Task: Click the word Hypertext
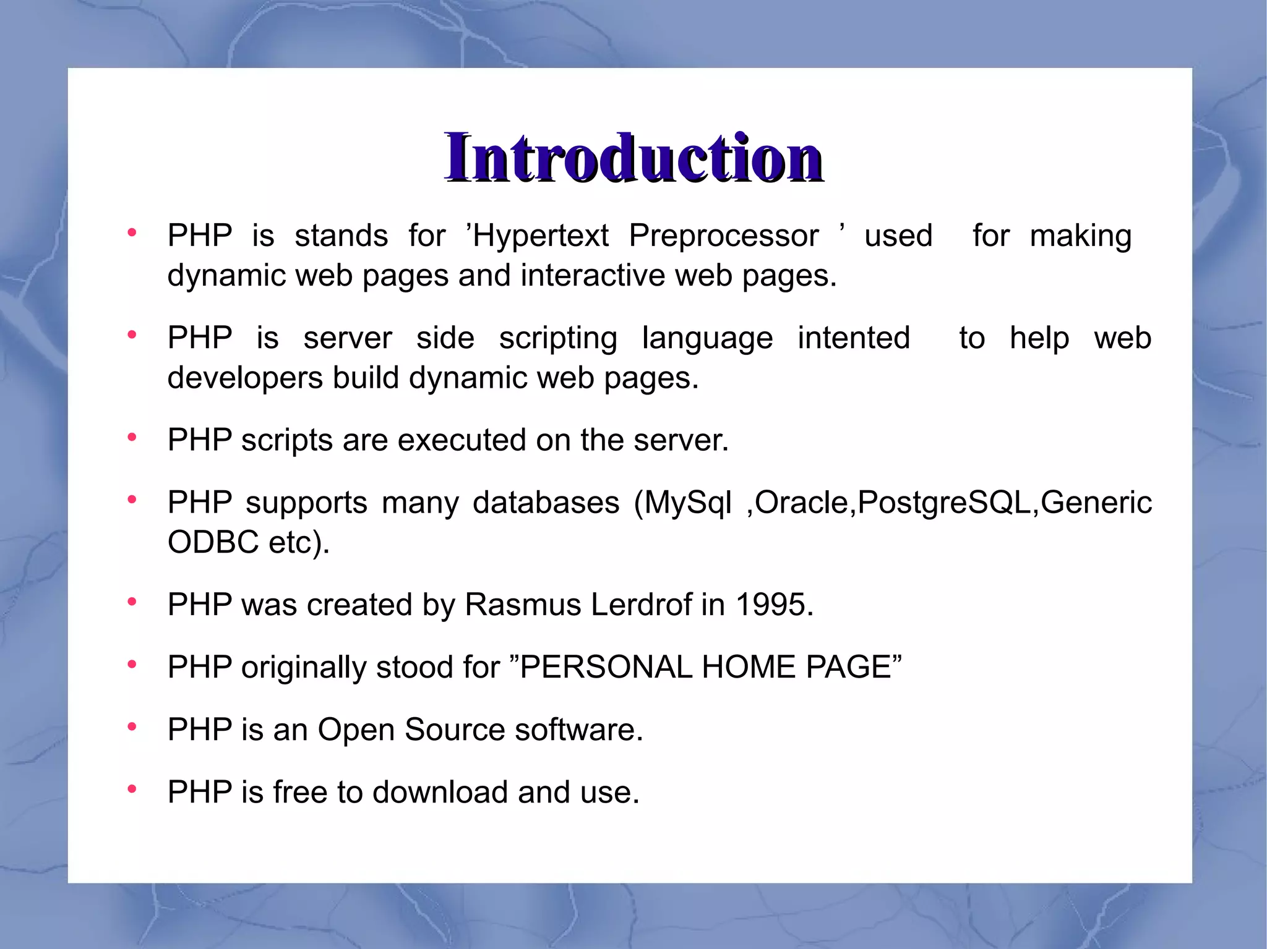click(x=541, y=236)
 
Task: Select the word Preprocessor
click(x=723, y=236)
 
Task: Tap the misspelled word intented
click(x=854, y=338)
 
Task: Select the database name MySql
click(x=688, y=503)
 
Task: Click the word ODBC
click(x=213, y=543)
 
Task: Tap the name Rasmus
click(x=523, y=605)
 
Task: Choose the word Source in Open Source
click(x=455, y=730)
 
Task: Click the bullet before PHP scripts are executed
click(x=132, y=438)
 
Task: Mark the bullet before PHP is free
click(x=132, y=789)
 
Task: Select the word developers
click(x=245, y=378)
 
